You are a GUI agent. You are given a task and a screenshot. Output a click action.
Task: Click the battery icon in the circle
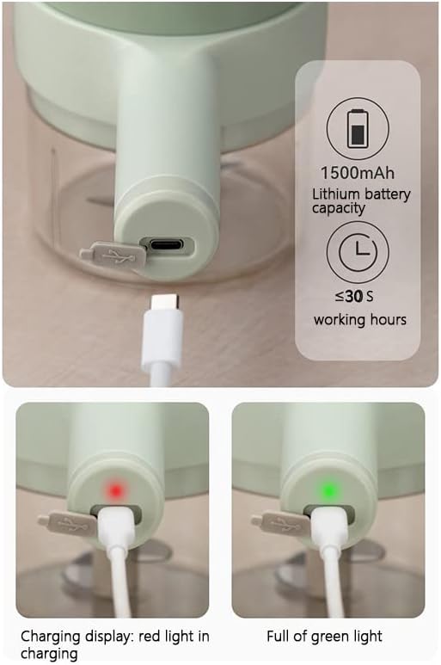click(357, 128)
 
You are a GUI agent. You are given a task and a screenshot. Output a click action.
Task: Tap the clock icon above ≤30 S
click(358, 251)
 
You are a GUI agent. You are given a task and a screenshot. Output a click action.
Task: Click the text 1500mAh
click(357, 173)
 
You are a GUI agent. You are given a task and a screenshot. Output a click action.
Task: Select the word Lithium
click(336, 194)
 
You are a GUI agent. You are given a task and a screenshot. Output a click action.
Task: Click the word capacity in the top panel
click(338, 209)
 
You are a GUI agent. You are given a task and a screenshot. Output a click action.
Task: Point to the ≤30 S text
click(354, 296)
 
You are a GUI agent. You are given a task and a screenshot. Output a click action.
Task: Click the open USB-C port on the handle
click(167, 244)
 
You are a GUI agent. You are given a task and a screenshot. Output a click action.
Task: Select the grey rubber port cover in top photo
click(113, 256)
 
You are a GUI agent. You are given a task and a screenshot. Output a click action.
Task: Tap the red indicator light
click(115, 490)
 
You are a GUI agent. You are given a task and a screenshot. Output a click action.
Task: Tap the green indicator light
click(329, 490)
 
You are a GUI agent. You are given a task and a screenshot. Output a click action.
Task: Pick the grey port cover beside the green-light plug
click(281, 522)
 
